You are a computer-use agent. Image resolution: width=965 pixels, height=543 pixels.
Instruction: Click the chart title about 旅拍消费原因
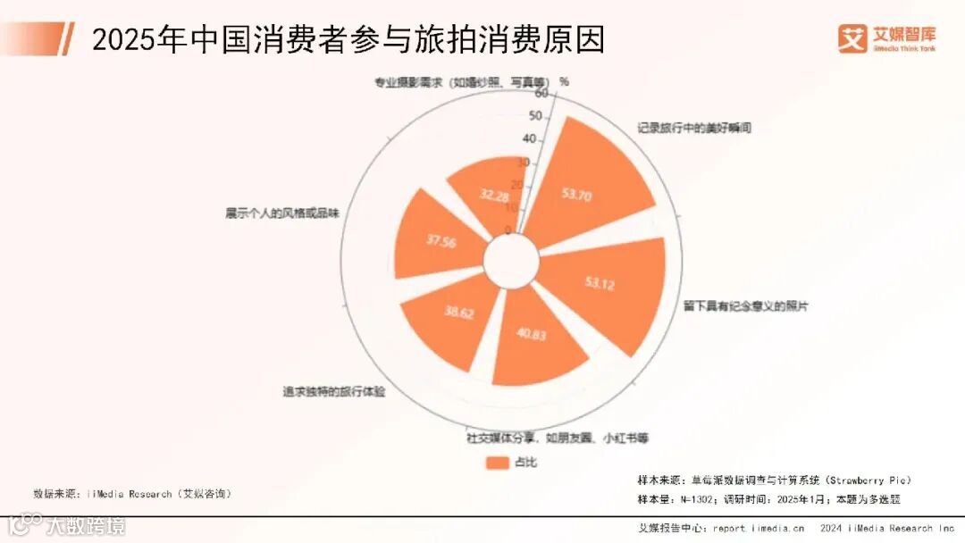348,39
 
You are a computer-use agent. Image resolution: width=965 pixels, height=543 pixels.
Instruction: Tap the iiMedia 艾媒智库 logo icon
852,38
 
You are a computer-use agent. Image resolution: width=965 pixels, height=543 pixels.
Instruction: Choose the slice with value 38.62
451,317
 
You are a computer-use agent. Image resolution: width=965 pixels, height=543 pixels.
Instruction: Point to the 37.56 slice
438,239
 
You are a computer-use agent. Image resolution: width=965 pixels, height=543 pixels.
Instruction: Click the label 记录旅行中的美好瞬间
694,128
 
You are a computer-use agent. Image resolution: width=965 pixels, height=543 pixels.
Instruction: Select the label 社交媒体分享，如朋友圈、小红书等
557,438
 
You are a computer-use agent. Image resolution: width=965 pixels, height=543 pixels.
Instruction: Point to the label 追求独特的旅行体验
333,391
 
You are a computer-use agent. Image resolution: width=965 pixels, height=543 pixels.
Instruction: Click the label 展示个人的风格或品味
282,214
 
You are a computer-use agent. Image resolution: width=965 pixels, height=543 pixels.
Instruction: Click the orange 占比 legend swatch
497,462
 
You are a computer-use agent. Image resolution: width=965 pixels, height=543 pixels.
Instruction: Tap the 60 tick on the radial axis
541,93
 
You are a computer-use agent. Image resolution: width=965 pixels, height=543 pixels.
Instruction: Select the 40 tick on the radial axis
529,138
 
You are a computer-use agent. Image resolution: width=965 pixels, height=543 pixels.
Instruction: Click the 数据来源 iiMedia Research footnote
131,493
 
